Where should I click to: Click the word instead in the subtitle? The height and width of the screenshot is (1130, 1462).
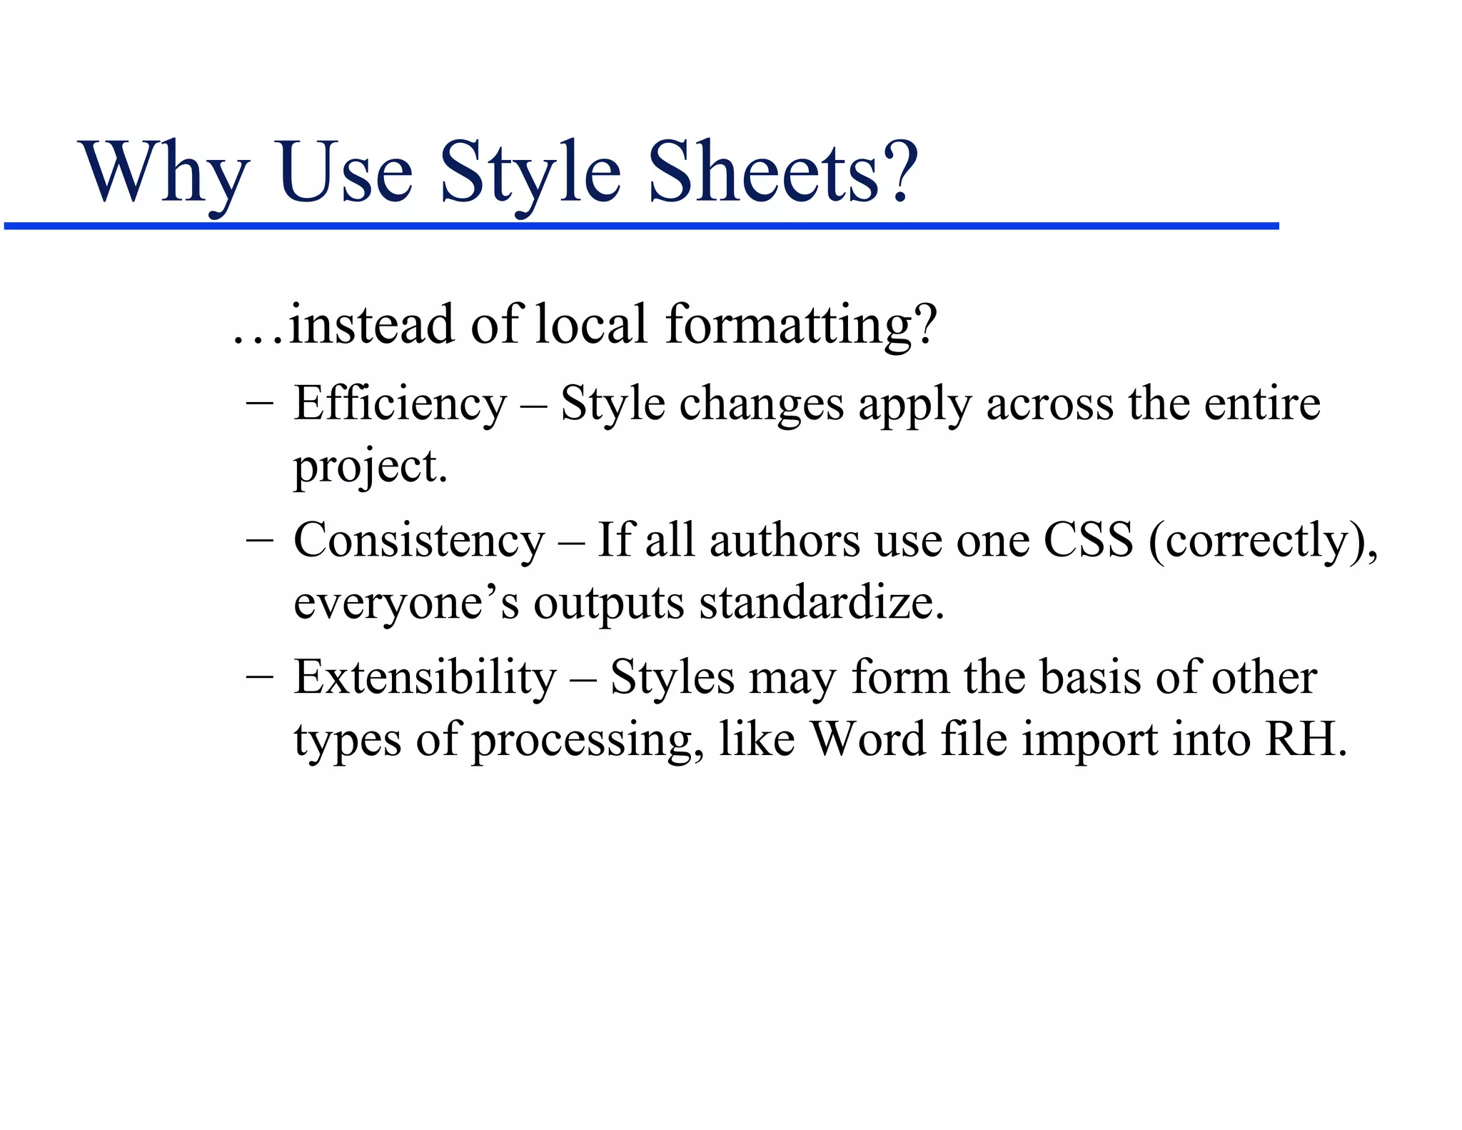coord(371,324)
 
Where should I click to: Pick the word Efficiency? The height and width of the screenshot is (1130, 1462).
coord(400,404)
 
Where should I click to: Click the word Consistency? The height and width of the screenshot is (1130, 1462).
coord(419,541)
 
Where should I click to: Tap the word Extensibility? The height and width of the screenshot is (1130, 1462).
coord(425,677)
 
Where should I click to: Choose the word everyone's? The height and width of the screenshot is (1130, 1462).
coord(406,604)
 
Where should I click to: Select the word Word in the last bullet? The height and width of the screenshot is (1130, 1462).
coord(868,739)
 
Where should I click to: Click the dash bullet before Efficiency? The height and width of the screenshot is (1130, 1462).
coord(259,402)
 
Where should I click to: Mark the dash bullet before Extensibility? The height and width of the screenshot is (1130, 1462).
coord(259,676)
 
